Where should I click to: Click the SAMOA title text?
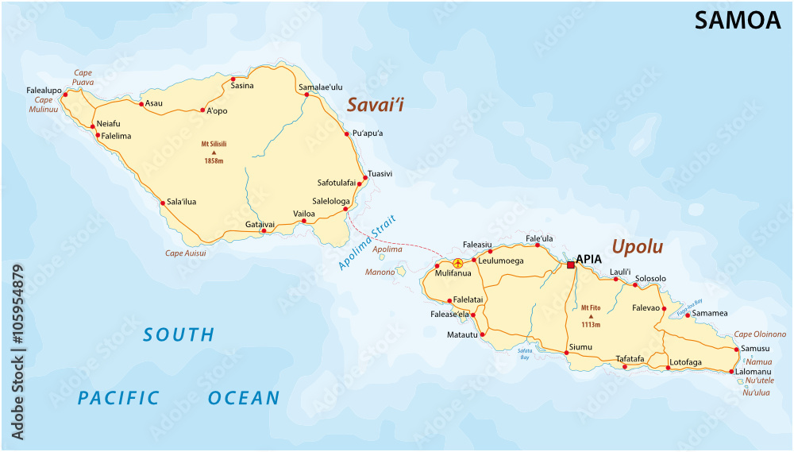pos(738,21)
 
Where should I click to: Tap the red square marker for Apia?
pos(570,265)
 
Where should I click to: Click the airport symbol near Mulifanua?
pos(457,263)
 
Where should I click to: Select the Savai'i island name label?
pos(376,104)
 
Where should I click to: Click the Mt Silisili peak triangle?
pos(214,152)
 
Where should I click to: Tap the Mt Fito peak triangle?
pos(590,316)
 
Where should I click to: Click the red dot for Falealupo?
pos(66,94)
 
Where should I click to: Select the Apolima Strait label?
pos(366,242)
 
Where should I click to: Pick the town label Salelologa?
pos(332,201)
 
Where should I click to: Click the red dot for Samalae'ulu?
pos(306,95)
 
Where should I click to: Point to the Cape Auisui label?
pos(185,253)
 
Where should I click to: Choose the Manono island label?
pos(380,272)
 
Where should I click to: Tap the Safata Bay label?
pos(524,353)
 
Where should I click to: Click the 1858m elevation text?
pos(214,161)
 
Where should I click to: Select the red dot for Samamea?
pos(688,314)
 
